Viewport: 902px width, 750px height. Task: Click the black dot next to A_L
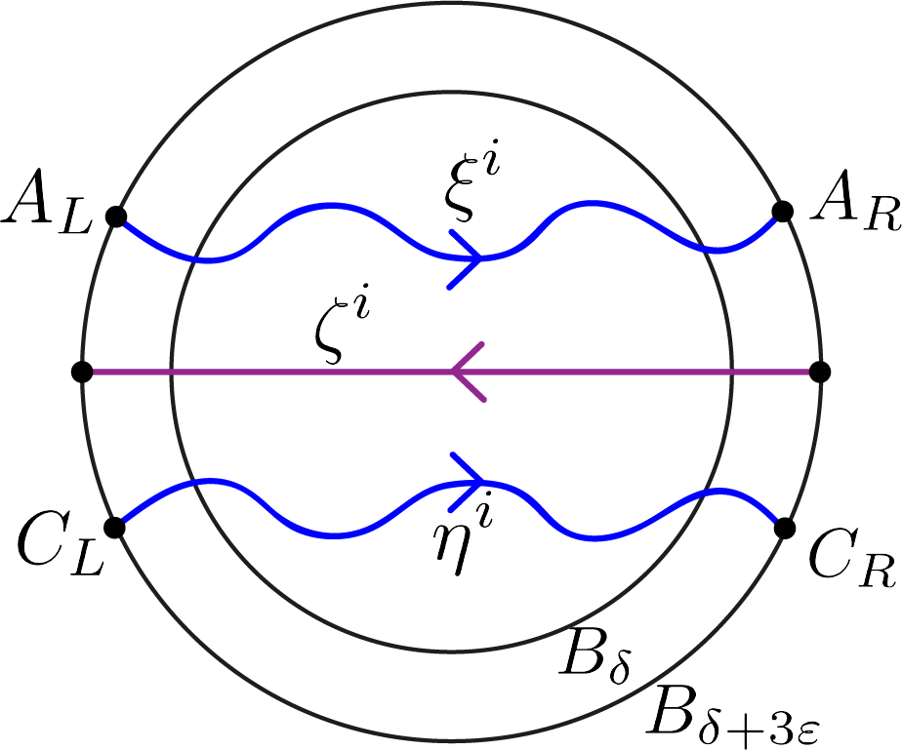click(x=115, y=217)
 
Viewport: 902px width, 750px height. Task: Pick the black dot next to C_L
click(x=114, y=528)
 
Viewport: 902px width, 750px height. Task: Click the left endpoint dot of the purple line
click(x=82, y=372)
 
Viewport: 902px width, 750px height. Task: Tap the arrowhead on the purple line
click(x=467, y=372)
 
